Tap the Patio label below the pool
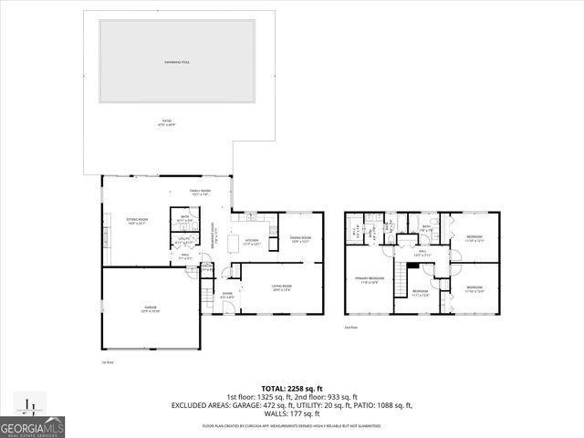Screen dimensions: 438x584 (166, 121)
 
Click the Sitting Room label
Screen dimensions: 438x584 (136, 221)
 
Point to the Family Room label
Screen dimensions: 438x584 (199, 193)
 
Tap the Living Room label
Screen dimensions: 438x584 (281, 288)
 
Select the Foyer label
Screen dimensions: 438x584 (228, 295)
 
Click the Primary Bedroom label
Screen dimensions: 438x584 (370, 279)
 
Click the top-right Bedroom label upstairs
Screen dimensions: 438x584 (474, 237)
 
